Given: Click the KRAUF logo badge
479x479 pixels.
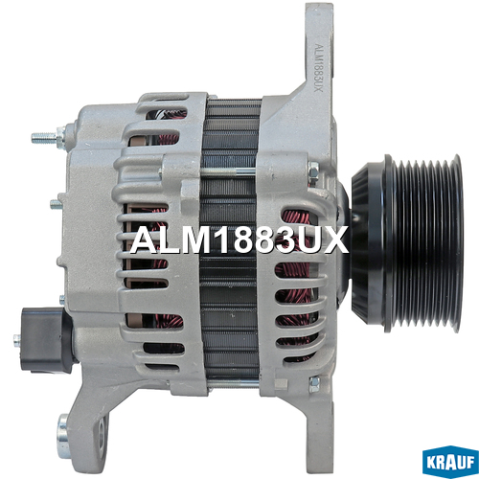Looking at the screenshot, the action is tap(450, 462).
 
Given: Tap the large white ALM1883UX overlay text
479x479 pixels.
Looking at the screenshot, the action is tap(239, 239).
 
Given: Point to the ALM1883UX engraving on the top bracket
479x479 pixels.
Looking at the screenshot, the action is tap(318, 67).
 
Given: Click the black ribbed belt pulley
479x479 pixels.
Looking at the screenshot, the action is tap(423, 243).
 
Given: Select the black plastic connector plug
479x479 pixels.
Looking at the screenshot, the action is tap(46, 340).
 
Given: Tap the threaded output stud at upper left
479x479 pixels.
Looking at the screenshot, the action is tap(47, 137).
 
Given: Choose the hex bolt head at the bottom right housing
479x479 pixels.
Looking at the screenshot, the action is tap(314, 384).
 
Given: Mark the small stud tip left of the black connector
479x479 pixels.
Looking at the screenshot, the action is tap(17, 340).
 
